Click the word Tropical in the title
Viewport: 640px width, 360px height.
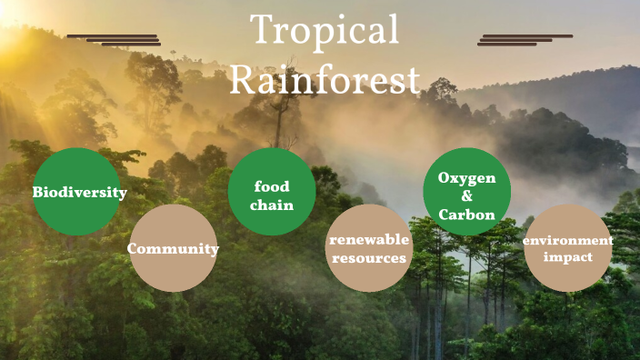click(325, 31)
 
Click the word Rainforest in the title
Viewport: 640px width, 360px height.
click(325, 79)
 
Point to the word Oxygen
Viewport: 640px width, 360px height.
click(467, 177)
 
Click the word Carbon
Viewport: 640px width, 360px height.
click(467, 215)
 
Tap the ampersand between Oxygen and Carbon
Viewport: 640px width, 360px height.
click(467, 196)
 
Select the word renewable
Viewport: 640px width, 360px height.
click(369, 240)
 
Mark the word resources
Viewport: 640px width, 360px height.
click(369, 258)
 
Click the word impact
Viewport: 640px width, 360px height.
click(567, 257)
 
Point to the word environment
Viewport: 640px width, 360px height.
click(567, 241)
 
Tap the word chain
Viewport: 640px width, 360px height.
click(273, 205)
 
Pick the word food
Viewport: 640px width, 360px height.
click(273, 186)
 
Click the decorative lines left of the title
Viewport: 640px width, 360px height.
click(115, 40)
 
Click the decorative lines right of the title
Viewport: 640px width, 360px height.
click(525, 40)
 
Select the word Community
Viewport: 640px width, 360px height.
click(173, 248)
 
